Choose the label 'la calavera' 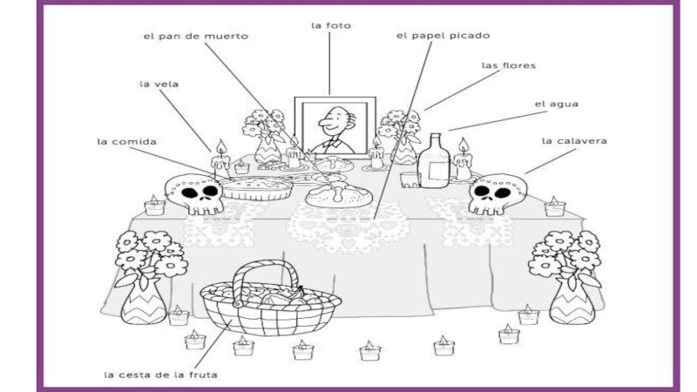(x=574, y=139)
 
